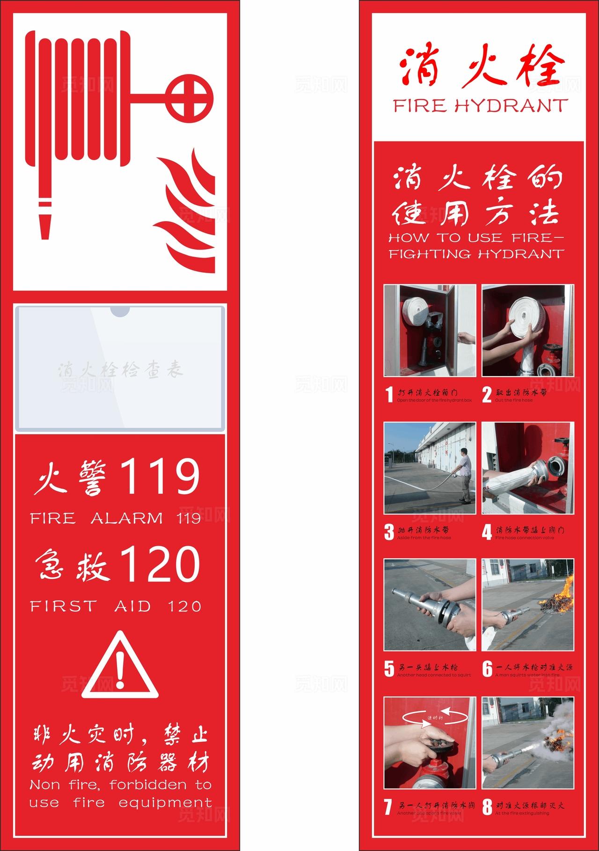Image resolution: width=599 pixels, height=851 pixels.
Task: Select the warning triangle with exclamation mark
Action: [120, 666]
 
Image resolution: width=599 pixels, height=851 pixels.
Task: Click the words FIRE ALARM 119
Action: [116, 518]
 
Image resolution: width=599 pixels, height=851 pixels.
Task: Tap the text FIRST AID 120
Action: [116, 606]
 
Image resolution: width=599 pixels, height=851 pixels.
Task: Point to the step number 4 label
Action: [487, 533]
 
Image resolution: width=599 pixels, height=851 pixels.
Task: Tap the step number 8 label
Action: [487, 807]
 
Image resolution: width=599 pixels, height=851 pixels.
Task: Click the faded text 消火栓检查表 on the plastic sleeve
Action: [121, 370]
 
